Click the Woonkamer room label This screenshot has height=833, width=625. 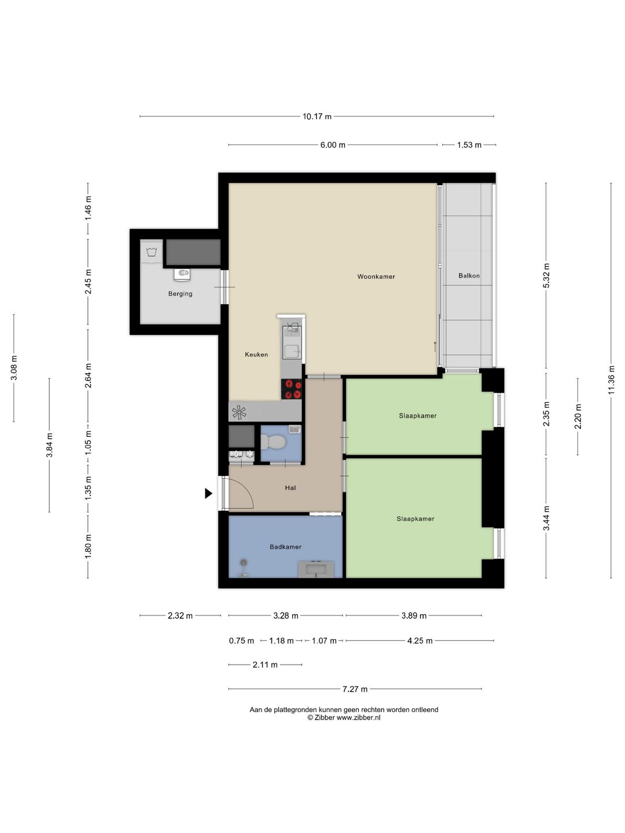click(x=376, y=277)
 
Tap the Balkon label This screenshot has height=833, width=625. click(x=469, y=275)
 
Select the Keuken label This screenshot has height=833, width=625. click(x=256, y=355)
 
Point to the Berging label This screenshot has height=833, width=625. click(x=180, y=294)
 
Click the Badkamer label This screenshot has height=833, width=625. click(x=285, y=547)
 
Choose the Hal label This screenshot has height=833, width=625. click(x=291, y=488)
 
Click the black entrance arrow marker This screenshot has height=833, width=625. click(x=208, y=493)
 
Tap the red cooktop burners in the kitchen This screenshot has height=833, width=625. click(x=292, y=389)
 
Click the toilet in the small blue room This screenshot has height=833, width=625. click(x=273, y=442)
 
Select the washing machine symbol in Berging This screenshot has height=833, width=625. click(x=152, y=251)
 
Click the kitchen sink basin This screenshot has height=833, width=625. click(x=292, y=351)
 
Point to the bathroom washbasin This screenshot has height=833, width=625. click(x=316, y=569)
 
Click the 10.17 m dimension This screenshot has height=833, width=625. click(x=317, y=116)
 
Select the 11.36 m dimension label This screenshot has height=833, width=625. click(x=611, y=380)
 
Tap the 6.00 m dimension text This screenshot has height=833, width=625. click(x=333, y=145)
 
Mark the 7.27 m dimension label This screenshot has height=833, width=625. click(x=355, y=689)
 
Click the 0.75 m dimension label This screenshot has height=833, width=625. click(x=241, y=641)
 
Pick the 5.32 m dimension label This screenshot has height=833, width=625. click(x=546, y=275)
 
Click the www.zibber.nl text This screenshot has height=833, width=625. click(x=358, y=718)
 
